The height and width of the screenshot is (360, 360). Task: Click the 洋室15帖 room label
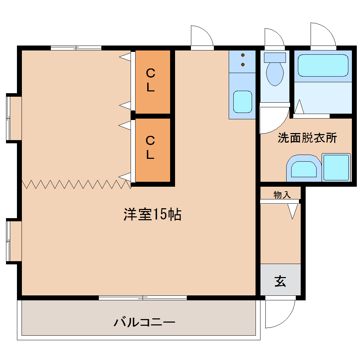pyautogui.click(x=152, y=214)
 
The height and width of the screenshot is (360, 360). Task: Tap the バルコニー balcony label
pyautogui.click(x=144, y=322)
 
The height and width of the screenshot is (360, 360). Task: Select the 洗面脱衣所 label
pyautogui.click(x=307, y=138)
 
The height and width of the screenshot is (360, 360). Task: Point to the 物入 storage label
pyautogui.click(x=282, y=195)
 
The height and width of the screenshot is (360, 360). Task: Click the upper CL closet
pyautogui.click(x=153, y=82)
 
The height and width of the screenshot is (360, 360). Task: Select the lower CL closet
pyautogui.click(x=153, y=150)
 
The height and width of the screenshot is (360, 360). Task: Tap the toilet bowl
pyautogui.click(x=275, y=74)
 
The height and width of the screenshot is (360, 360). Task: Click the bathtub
pyautogui.click(x=323, y=65)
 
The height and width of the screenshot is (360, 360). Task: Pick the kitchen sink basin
pyautogui.click(x=242, y=102)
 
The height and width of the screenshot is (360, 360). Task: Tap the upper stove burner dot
pyautogui.click(x=243, y=55)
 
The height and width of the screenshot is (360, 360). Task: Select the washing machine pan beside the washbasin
pyautogui.click(x=336, y=167)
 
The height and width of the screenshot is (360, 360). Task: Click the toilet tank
pyautogui.click(x=275, y=58)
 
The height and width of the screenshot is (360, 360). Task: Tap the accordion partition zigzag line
pyautogui.click(x=77, y=185)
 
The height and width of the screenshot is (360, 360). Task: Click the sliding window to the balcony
pyautogui.click(x=143, y=298)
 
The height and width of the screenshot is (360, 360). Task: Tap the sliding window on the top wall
pyautogui.click(x=76, y=48)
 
